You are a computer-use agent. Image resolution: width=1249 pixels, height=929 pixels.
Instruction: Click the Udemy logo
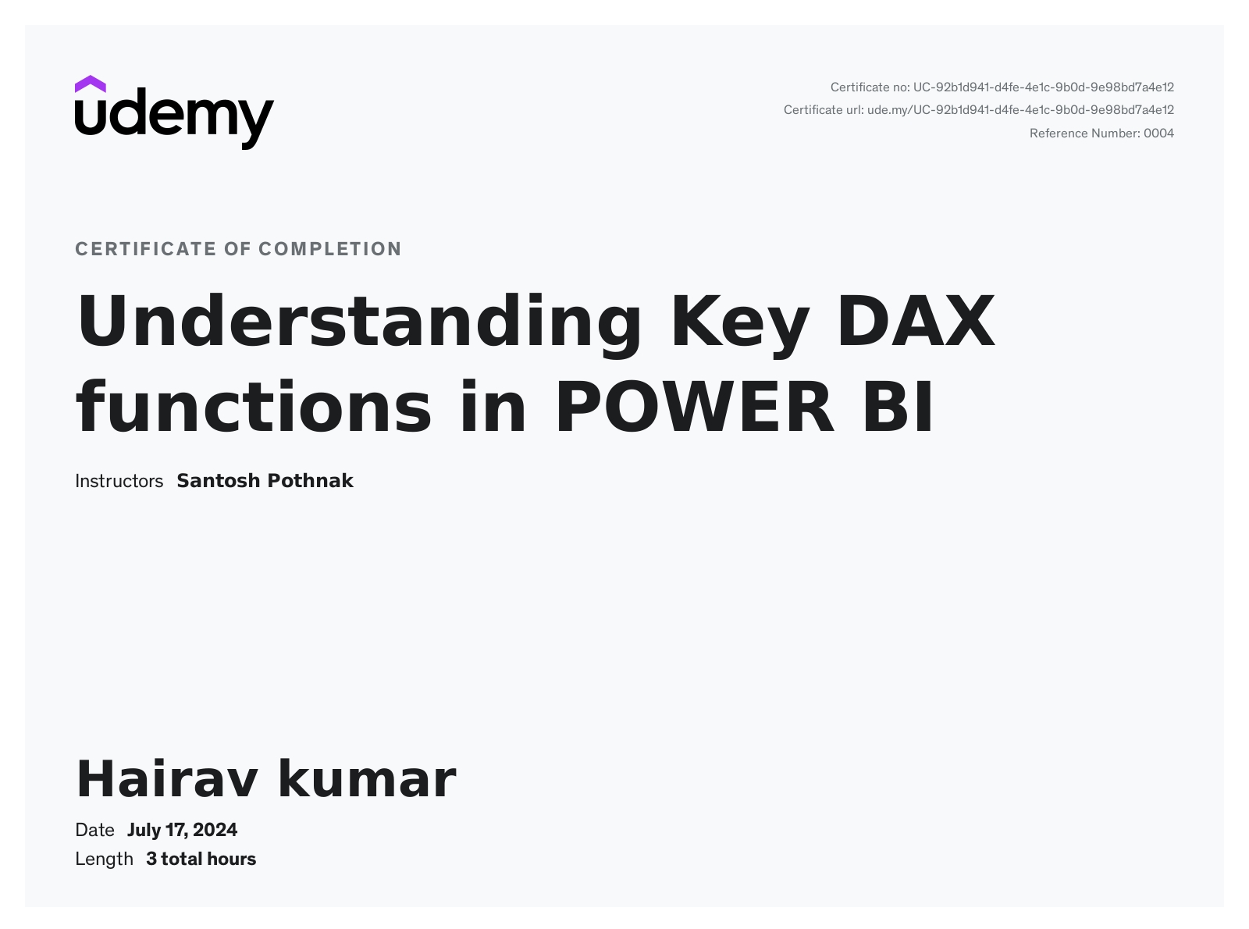pos(174,113)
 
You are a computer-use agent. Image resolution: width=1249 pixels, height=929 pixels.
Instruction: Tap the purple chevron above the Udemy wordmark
pos(91,84)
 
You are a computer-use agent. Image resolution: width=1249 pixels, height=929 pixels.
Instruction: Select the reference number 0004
pos(1158,133)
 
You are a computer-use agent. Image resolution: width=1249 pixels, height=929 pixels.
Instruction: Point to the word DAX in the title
pos(916,322)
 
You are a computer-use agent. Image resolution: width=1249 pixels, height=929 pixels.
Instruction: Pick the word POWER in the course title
pos(694,408)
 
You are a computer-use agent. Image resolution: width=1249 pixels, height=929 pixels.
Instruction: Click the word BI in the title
pos(898,408)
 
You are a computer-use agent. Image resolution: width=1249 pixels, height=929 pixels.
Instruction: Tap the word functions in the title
pos(254,408)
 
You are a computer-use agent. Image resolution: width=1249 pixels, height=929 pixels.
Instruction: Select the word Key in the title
pos(739,322)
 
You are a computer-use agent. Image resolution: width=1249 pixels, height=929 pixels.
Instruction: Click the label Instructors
pos(119,481)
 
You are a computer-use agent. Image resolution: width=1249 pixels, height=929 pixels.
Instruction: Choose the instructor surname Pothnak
pos(311,481)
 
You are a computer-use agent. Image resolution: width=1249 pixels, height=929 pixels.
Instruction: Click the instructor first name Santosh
pos(219,481)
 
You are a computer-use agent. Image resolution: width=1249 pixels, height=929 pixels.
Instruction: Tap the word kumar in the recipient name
pos(366,779)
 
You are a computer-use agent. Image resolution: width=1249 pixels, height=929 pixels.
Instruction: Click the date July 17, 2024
pos(182,830)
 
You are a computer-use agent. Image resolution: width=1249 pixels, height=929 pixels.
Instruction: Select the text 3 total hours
pos(201,859)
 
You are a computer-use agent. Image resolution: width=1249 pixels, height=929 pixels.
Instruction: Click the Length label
pos(104,859)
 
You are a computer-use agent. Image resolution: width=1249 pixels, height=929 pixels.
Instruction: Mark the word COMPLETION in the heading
pos(330,249)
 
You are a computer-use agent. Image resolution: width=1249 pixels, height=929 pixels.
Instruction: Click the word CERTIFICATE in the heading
pos(145,249)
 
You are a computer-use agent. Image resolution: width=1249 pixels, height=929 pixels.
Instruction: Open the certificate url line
pos(978,110)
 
